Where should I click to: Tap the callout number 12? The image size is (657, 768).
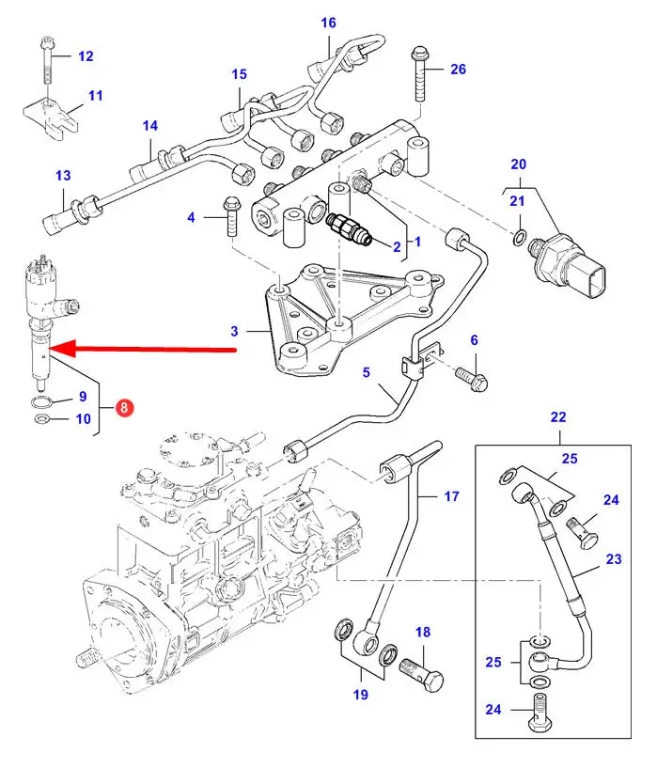tap(86, 56)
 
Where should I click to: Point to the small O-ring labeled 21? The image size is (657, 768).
tap(519, 232)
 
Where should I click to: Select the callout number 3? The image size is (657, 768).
tap(236, 330)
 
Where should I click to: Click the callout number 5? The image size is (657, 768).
tap(368, 373)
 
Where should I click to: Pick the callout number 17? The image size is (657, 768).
tap(451, 495)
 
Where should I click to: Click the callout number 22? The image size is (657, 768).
tap(558, 416)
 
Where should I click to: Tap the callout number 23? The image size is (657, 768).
tap(613, 558)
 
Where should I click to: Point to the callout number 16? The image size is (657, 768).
tap(328, 23)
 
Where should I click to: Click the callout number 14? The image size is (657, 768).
tap(150, 126)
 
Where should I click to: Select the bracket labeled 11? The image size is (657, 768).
tap(47, 118)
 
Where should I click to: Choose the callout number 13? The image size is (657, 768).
tap(63, 175)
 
